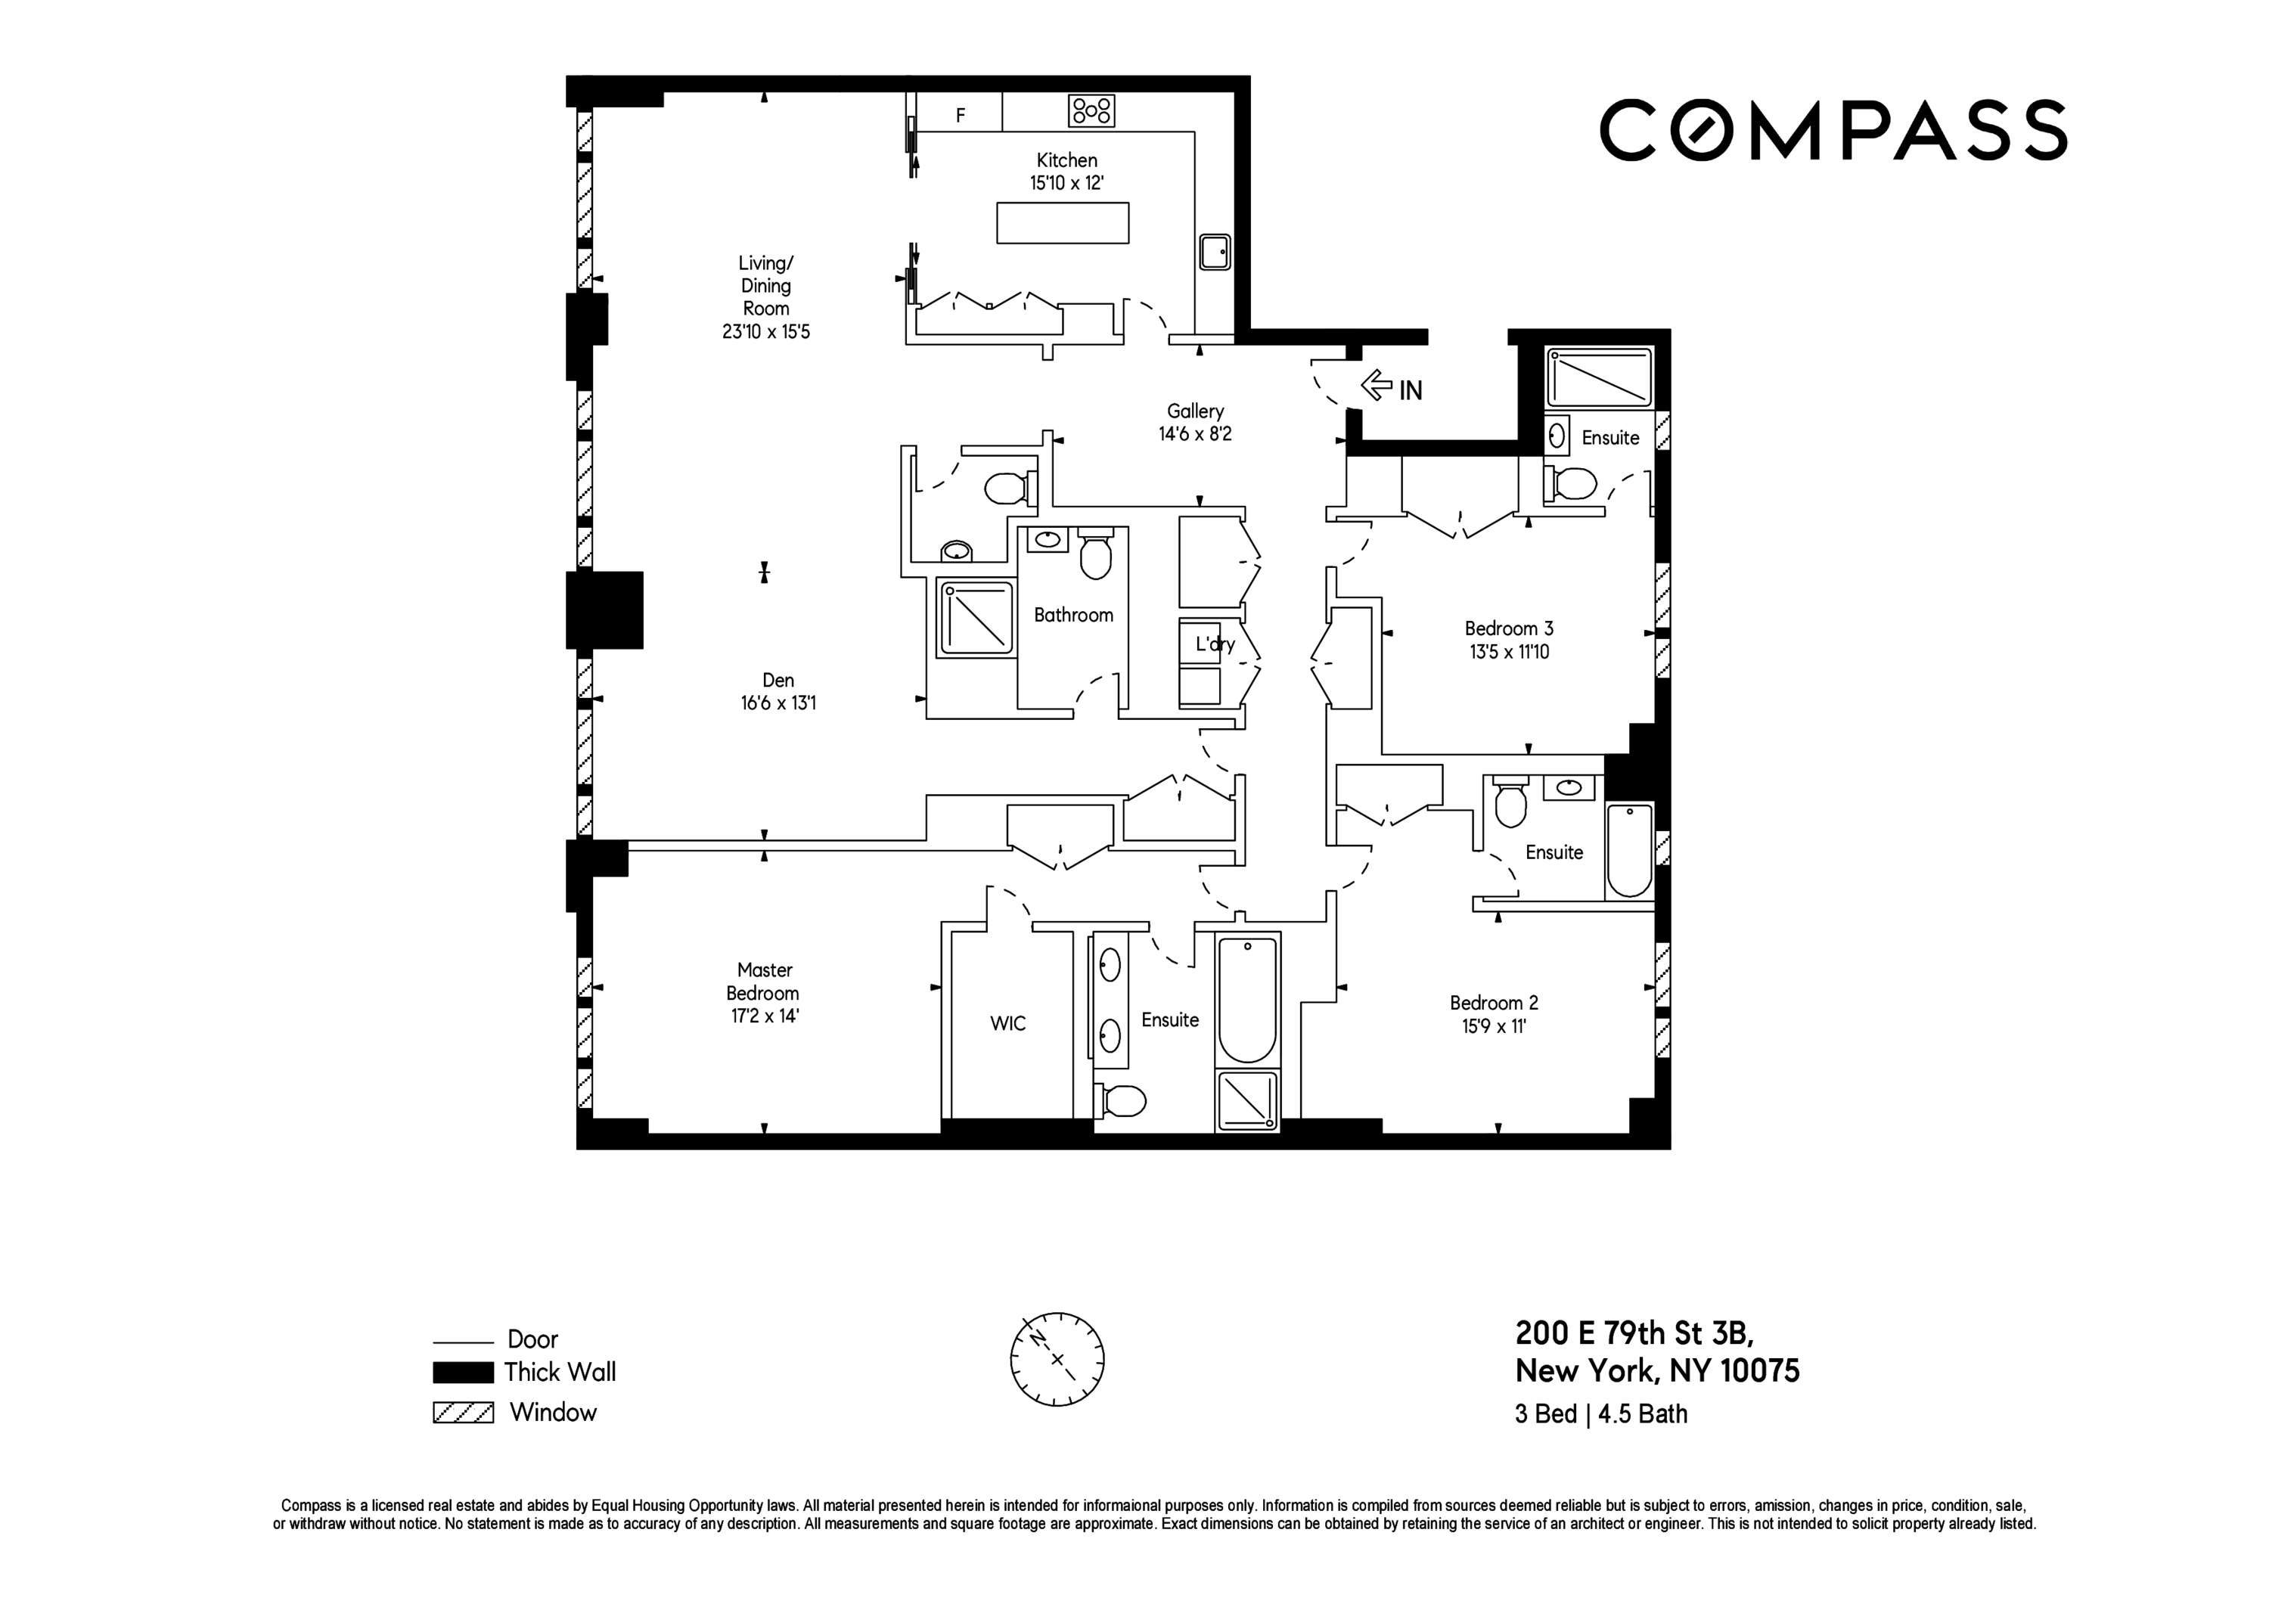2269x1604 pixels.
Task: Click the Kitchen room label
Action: pos(1066,160)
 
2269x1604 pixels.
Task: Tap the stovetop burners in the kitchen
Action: pos(1091,110)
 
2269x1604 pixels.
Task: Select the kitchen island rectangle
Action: pos(1063,222)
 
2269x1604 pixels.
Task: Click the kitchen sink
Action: pos(1215,252)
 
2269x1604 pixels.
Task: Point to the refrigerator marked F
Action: pos(960,115)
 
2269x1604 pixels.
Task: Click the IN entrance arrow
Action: pos(1377,386)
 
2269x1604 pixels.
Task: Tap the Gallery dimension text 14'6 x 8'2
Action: pos(1195,434)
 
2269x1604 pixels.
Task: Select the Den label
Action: pos(778,680)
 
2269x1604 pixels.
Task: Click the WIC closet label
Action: pos(1008,1024)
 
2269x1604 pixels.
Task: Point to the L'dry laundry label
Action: pos(1215,644)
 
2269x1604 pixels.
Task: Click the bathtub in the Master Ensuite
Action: pos(1247,1001)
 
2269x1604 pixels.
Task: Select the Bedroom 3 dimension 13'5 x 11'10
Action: pos(1508,653)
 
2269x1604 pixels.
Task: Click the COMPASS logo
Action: pos(1833,129)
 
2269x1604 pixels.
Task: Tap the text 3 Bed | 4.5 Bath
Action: pos(1601,1414)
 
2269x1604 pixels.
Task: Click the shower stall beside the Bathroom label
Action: pos(976,619)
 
